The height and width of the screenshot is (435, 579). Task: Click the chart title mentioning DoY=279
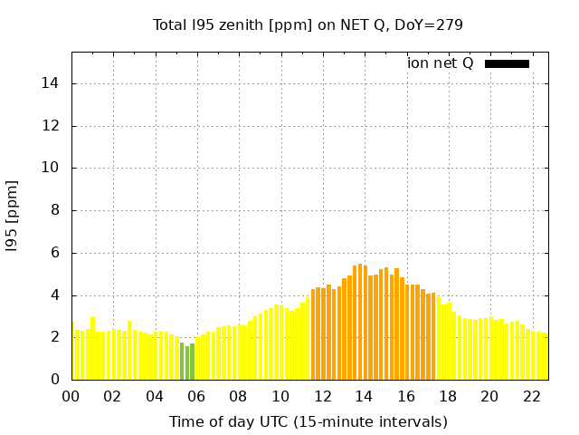(x=308, y=25)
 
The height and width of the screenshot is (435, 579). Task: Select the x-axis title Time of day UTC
(x=308, y=421)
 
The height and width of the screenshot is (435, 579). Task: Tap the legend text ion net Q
(x=441, y=63)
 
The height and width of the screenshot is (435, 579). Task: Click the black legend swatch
(x=507, y=63)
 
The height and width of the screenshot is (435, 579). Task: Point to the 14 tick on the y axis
(x=53, y=83)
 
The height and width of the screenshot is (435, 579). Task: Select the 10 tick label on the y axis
(x=53, y=168)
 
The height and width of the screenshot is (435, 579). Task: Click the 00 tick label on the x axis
(x=71, y=396)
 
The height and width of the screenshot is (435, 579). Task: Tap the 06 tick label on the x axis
(x=196, y=396)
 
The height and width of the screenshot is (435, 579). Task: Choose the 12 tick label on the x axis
(x=322, y=396)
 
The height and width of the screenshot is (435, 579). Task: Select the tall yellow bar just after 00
(x=93, y=349)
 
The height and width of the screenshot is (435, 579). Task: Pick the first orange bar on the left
(x=313, y=334)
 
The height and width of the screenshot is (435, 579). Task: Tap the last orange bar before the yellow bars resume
(x=433, y=336)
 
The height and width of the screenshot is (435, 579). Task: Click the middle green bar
(x=187, y=362)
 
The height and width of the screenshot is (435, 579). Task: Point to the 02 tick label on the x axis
(x=112, y=396)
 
